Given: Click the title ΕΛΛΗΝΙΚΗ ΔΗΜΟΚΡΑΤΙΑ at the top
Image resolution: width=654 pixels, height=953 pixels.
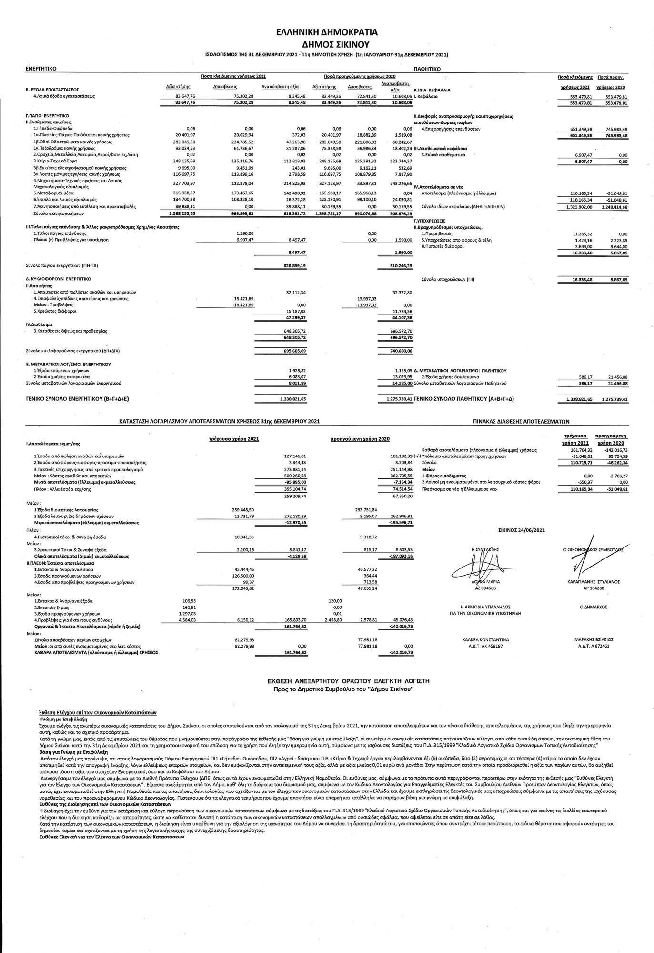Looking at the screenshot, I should (x=327, y=32).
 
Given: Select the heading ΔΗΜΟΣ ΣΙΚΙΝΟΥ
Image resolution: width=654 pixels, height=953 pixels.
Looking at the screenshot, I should (x=327, y=45).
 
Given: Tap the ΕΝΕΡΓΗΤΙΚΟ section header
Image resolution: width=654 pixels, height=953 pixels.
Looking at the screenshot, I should (x=41, y=69).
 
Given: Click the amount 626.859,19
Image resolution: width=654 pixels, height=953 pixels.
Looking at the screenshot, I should (x=295, y=265).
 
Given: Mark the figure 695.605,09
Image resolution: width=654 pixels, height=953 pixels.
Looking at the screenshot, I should (x=295, y=351).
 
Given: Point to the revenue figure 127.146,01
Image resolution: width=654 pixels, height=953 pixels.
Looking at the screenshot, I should (x=295, y=456).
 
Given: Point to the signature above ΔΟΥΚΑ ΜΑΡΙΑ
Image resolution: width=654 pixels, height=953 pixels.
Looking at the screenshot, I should (x=481, y=568).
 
